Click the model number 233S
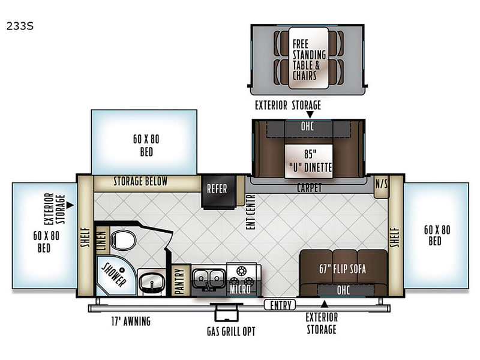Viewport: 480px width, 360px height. tap(20, 26)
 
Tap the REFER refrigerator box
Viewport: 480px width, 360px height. tap(218, 191)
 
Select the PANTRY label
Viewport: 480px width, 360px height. tap(179, 280)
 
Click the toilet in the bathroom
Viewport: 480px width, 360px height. tap(123, 240)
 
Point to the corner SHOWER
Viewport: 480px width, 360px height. tap(114, 275)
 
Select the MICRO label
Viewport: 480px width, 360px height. tap(240, 289)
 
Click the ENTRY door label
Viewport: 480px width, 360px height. tap(280, 305)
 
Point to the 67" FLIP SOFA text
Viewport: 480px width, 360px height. tap(342, 269)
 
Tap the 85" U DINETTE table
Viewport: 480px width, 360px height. tap(308, 161)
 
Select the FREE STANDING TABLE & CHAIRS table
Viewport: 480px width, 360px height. tap(308, 58)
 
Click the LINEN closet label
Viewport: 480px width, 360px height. tap(102, 241)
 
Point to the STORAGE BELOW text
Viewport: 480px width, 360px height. tap(140, 181)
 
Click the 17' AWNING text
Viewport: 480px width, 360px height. tap(131, 321)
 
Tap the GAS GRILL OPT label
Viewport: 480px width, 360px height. tap(231, 332)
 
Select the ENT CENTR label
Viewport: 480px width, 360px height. tap(250, 212)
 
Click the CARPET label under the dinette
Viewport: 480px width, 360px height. tap(309, 188)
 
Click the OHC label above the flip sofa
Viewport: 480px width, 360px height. tap(343, 290)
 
